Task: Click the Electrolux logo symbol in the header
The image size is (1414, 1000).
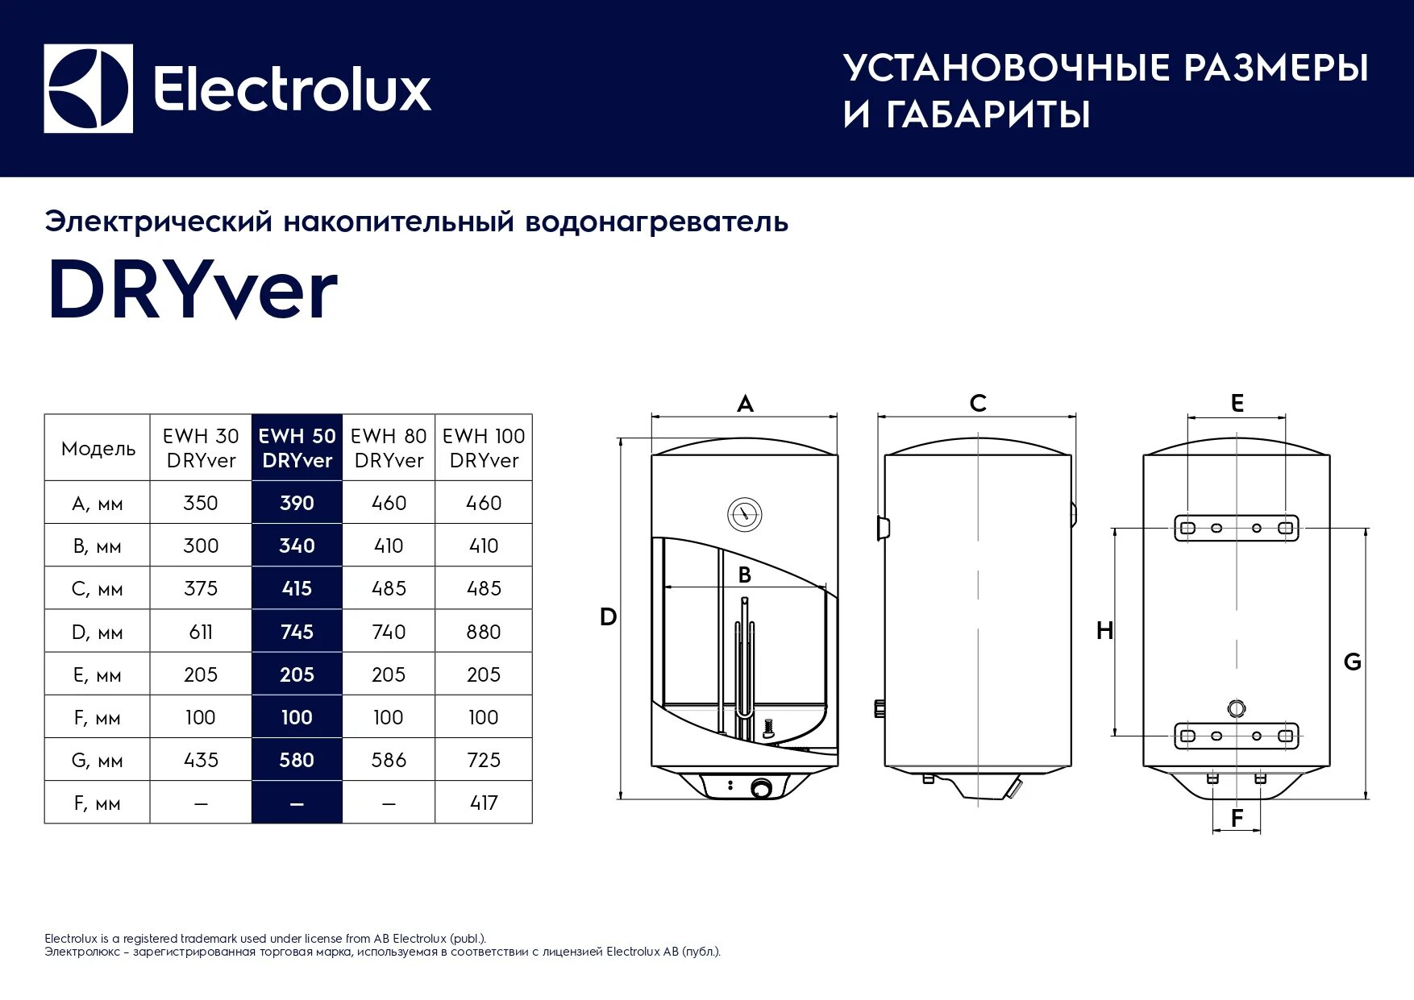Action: (x=88, y=89)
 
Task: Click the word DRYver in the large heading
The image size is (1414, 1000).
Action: (x=192, y=291)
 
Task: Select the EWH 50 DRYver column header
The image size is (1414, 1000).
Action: (x=297, y=448)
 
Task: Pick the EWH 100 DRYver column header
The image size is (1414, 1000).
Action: (x=484, y=448)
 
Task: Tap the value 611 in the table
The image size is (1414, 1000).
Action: (x=201, y=632)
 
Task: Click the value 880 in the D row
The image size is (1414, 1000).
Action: (x=484, y=632)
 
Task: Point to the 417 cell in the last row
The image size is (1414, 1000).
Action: (x=484, y=803)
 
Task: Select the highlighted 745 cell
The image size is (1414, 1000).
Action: (x=297, y=632)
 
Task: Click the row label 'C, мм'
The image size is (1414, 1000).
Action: (x=98, y=589)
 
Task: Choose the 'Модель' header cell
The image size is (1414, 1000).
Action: (x=98, y=449)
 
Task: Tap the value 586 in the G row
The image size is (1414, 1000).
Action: (x=389, y=760)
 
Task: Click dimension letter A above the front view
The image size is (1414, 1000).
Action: (x=745, y=404)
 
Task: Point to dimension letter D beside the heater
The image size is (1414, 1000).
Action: (x=608, y=617)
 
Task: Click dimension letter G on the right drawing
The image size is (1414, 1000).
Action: (x=1352, y=662)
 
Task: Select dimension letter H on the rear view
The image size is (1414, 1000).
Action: (x=1104, y=631)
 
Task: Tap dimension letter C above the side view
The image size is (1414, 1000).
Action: (x=978, y=404)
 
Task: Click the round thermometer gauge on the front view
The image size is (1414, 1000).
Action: (x=745, y=514)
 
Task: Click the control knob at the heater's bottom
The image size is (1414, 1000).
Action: (x=761, y=788)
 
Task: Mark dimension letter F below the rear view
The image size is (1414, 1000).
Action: (x=1237, y=819)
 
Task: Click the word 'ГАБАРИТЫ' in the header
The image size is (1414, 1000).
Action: (x=988, y=114)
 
